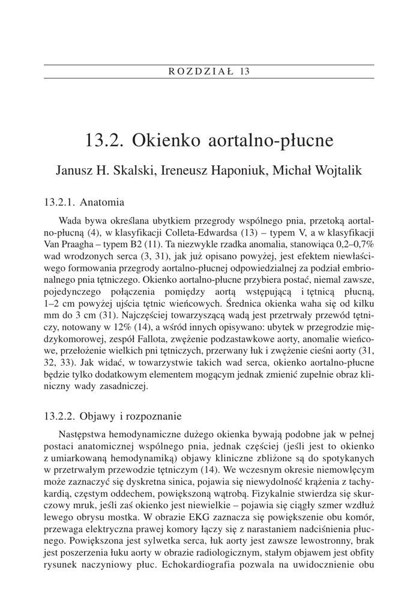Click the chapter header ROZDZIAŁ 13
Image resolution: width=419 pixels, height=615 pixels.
tap(209, 71)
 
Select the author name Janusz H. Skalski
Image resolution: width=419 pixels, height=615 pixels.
tap(103, 170)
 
